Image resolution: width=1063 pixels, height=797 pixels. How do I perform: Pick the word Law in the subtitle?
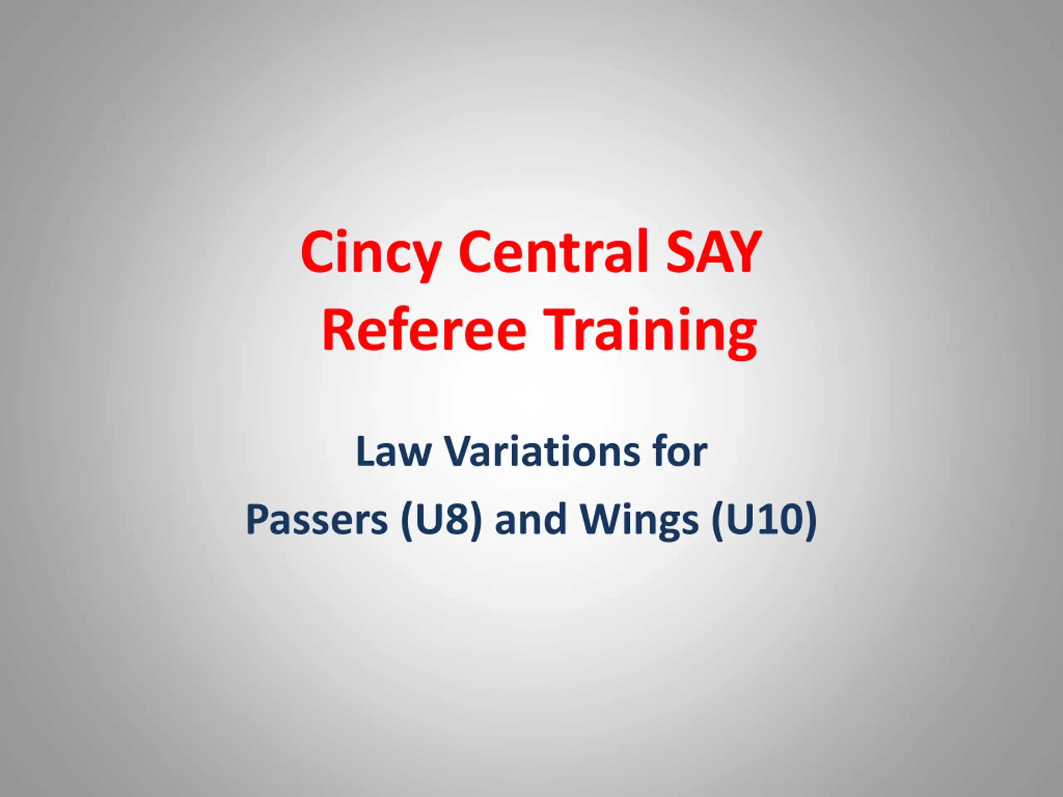coord(394,451)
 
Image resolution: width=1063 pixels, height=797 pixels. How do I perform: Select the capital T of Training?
coord(563,330)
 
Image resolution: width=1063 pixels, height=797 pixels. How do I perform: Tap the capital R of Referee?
coord(339,330)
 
